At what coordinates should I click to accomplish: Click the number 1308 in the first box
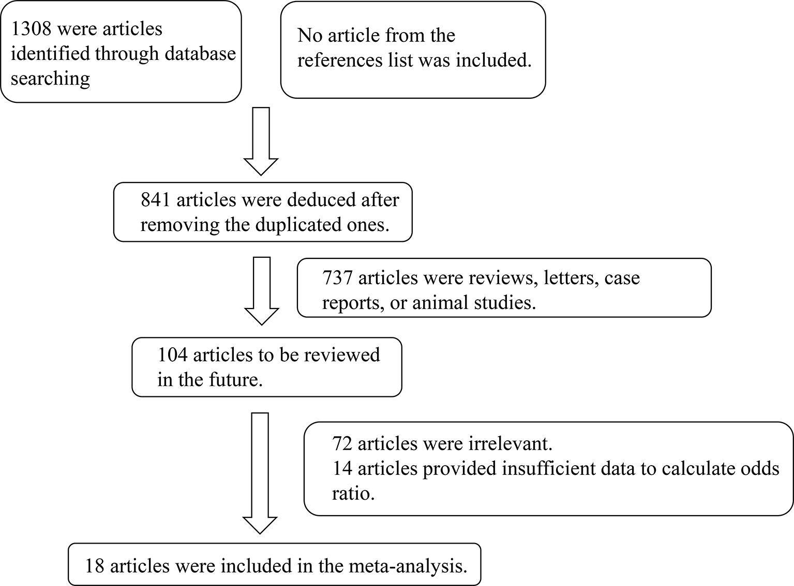click(x=31, y=29)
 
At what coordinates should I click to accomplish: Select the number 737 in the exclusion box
click(x=337, y=278)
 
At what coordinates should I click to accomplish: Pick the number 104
click(x=172, y=356)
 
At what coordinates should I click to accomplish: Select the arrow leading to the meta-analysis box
click(x=260, y=472)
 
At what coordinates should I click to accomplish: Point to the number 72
click(x=342, y=444)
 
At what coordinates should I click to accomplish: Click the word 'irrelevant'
click(x=504, y=444)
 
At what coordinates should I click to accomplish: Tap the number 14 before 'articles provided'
click(x=342, y=469)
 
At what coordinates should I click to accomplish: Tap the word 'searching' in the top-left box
click(x=50, y=79)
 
